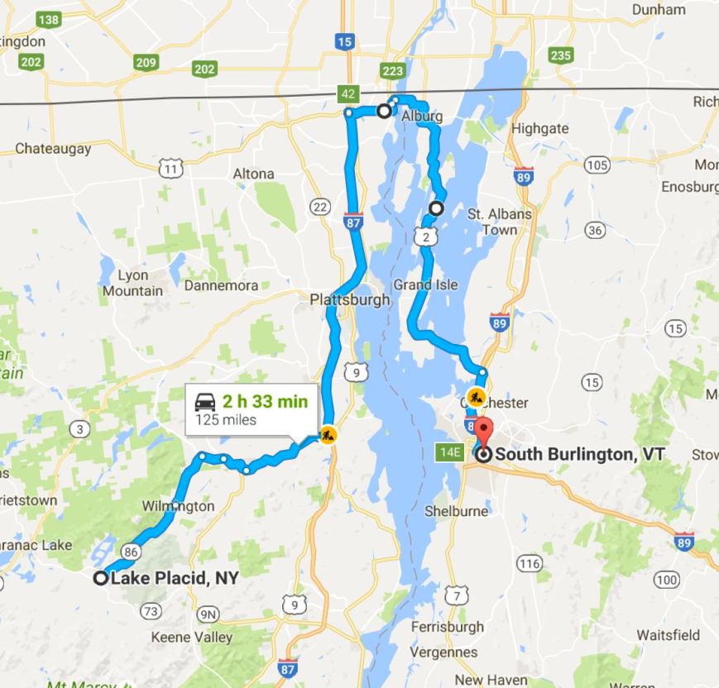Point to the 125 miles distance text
click(226, 419)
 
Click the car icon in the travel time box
click(204, 403)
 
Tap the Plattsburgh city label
click(349, 299)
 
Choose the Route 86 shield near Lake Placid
click(131, 550)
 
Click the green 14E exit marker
click(450, 451)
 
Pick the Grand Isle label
click(425, 284)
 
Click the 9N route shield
click(209, 614)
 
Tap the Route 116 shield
click(529, 563)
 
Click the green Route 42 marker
click(348, 94)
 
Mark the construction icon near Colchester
click(475, 397)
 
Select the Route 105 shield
click(597, 165)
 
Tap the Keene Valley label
click(192, 638)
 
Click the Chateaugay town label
click(54, 150)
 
